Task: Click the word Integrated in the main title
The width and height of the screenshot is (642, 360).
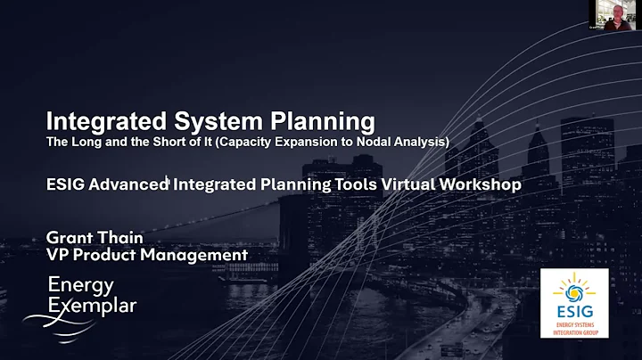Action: coord(99,121)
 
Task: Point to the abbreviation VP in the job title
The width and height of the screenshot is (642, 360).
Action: coord(58,255)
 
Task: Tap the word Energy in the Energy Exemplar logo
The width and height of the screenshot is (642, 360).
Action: coord(81,285)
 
